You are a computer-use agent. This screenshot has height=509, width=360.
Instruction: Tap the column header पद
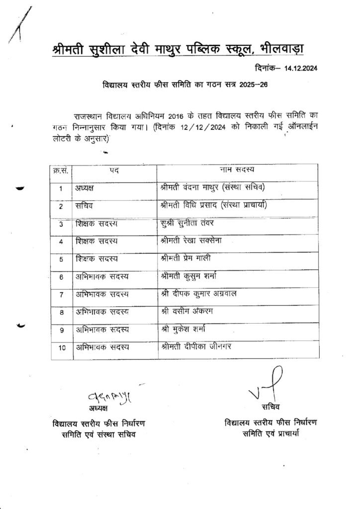[114, 170]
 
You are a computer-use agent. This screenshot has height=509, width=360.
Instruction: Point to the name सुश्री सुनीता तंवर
[187, 224]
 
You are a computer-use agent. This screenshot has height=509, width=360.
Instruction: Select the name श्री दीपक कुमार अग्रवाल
[198, 294]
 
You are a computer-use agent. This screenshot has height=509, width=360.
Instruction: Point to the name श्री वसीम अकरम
[184, 311]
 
